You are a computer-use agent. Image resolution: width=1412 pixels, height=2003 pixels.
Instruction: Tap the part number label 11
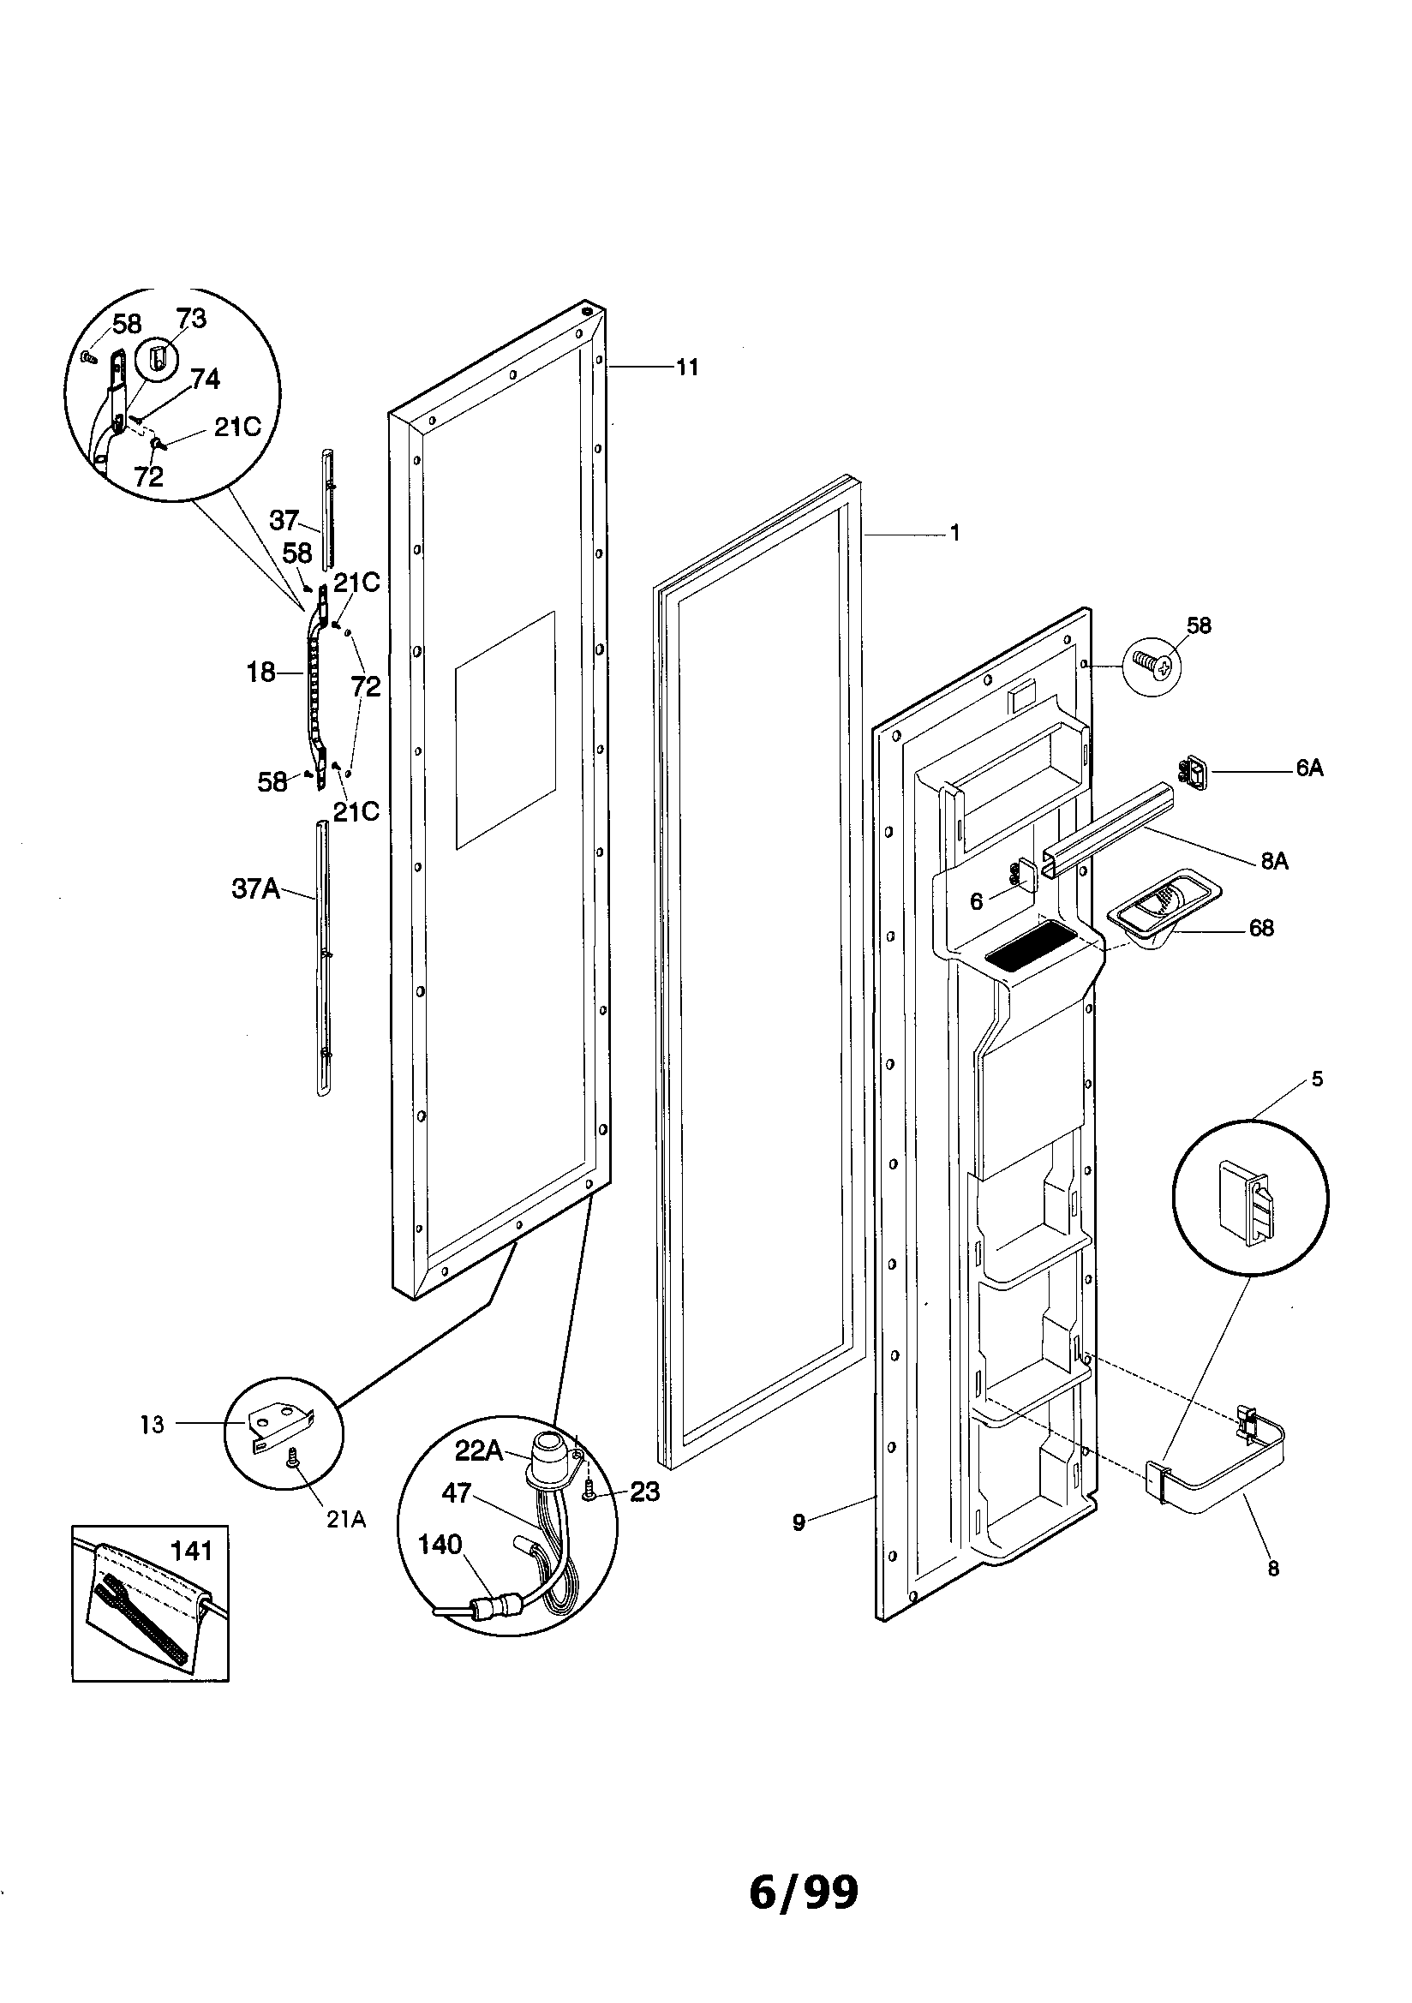(x=688, y=368)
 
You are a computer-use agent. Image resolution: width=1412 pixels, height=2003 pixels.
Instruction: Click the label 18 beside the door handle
(x=261, y=673)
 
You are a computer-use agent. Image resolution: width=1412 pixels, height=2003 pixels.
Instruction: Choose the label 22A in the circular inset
(x=479, y=1450)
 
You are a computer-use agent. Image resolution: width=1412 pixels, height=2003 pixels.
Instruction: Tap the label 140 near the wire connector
(x=439, y=1544)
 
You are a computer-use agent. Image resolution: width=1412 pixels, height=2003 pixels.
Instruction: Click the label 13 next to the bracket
(x=152, y=1425)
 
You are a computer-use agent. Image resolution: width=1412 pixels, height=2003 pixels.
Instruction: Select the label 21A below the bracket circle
(x=346, y=1520)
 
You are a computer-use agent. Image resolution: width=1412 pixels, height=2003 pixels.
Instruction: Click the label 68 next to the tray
(x=1261, y=927)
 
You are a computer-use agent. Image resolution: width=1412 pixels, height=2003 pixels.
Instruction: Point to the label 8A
(x=1274, y=862)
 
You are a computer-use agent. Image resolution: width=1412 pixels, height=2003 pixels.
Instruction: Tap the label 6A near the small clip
(x=1309, y=768)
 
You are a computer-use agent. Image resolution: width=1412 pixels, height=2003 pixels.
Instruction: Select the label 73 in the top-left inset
(x=190, y=319)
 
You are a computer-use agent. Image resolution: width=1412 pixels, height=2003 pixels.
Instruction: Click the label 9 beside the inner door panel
(x=799, y=1522)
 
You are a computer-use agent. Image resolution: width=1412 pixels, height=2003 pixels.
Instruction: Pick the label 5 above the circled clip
(x=1317, y=1079)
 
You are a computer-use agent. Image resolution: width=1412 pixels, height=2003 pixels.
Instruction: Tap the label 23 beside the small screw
(x=644, y=1492)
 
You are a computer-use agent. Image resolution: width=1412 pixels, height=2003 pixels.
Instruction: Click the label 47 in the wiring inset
(x=457, y=1492)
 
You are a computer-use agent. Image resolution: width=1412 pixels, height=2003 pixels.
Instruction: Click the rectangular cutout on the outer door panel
(x=505, y=729)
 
